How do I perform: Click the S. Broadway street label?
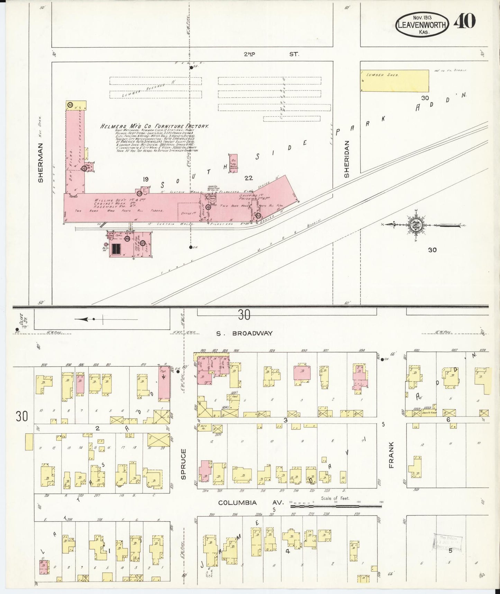pyautogui.click(x=245, y=333)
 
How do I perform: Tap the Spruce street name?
pyautogui.click(x=183, y=464)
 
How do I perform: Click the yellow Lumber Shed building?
pyautogui.click(x=394, y=81)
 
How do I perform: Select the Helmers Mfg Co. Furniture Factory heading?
pyautogui.click(x=154, y=126)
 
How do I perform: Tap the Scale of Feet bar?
pyautogui.click(x=336, y=506)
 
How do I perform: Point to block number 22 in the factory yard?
pyautogui.click(x=248, y=178)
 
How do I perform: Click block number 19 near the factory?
pyautogui.click(x=145, y=179)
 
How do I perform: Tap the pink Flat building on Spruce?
pyautogui.click(x=164, y=383)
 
